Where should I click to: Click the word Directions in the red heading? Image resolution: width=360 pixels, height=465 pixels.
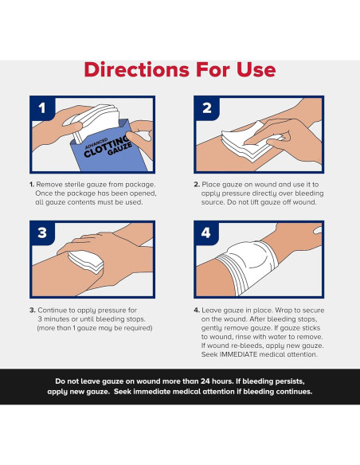(x=137, y=69)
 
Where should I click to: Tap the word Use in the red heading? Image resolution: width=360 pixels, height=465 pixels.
(x=256, y=69)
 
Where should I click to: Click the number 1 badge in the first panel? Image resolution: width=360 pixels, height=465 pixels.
(x=42, y=108)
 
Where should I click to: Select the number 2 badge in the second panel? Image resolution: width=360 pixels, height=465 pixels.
(x=207, y=108)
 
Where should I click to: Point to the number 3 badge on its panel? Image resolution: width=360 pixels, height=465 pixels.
(x=42, y=233)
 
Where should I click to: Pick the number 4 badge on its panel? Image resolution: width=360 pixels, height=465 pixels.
(x=206, y=233)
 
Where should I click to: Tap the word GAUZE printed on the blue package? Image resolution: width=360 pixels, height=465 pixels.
(x=119, y=149)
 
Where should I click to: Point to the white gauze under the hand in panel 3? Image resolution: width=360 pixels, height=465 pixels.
(x=86, y=261)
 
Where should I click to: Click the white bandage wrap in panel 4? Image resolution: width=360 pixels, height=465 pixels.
(x=248, y=266)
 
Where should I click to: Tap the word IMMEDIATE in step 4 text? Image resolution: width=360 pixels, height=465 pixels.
(x=238, y=354)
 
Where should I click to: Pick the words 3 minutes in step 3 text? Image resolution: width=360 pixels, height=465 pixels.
(x=55, y=319)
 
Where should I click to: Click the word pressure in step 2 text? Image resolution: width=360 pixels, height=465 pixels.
(x=236, y=193)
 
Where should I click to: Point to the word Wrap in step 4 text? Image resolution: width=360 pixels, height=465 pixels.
(x=284, y=311)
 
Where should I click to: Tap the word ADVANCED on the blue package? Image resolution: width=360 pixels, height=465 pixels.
(x=96, y=143)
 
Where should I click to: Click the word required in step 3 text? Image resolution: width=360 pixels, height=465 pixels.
(x=139, y=328)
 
